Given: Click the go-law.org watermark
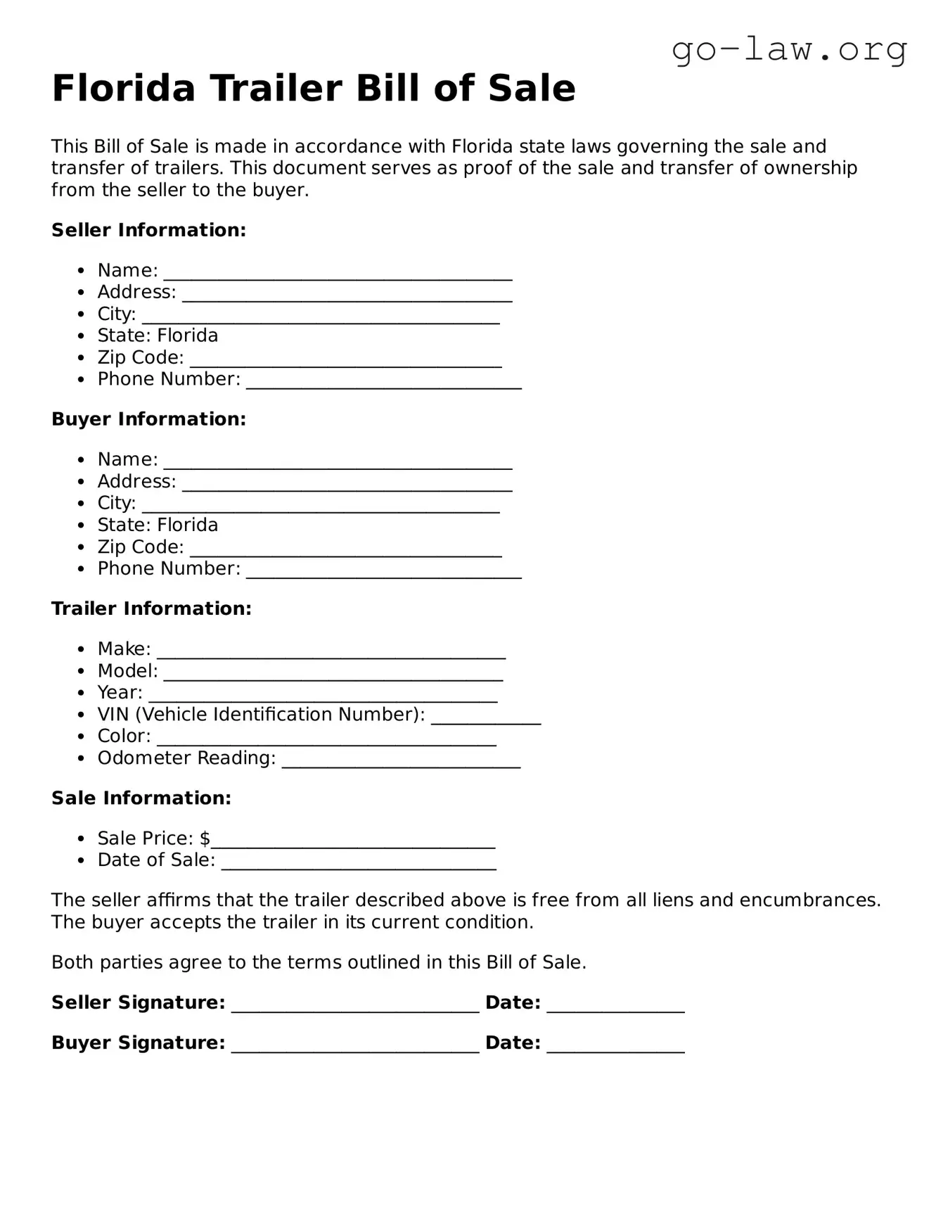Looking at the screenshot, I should point(789,50).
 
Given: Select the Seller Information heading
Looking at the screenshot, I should point(148,230).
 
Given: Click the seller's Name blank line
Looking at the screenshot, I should point(338,274).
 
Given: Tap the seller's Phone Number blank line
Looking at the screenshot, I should point(383,383).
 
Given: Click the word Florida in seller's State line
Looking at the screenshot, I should point(187,336).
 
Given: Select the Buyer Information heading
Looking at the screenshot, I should point(148,419).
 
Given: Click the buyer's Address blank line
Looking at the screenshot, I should point(347,485).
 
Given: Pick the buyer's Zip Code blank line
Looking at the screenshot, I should point(345,551).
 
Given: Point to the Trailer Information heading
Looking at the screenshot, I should point(151,608).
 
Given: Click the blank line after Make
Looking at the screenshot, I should point(331,653).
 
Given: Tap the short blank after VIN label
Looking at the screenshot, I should point(485,718).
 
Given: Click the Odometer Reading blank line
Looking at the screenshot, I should point(401,762).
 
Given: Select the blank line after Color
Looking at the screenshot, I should point(326,740).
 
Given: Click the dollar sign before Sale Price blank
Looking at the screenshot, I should point(205,838).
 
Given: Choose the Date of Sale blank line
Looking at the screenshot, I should point(359,864).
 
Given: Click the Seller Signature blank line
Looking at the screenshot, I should point(355,1007).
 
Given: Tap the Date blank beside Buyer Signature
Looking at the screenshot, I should point(615,1047).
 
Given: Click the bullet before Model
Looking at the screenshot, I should point(82,671).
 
